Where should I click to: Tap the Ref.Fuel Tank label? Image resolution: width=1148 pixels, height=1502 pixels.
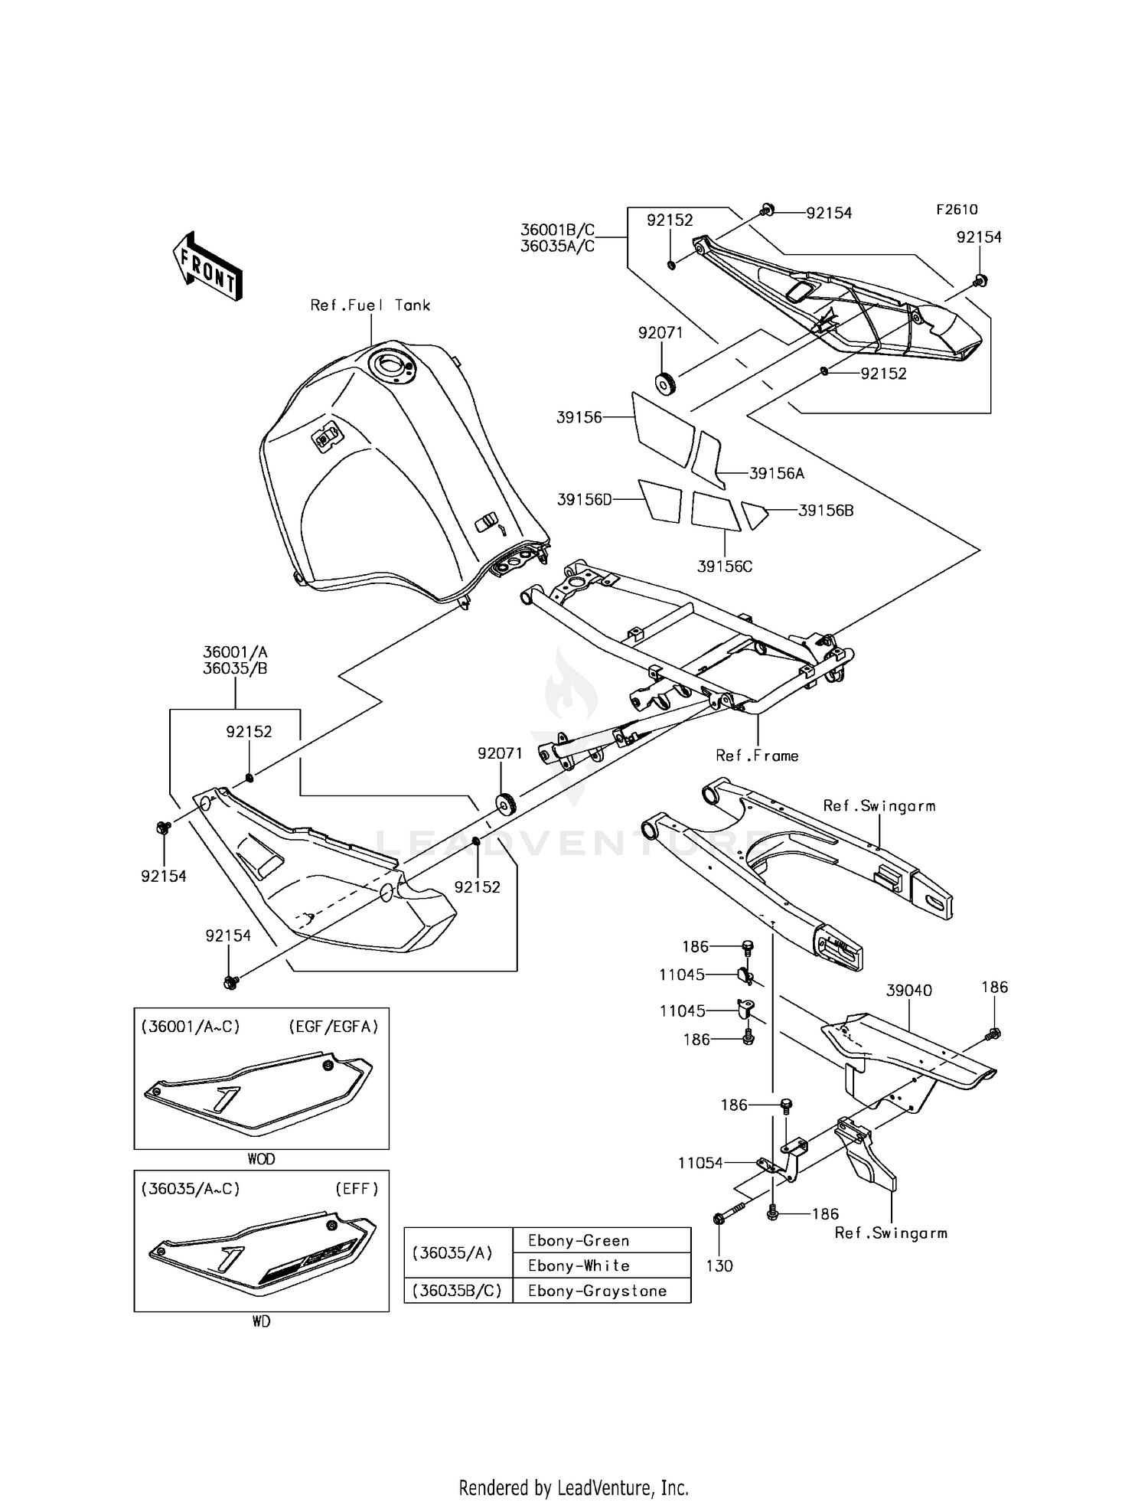[x=370, y=305]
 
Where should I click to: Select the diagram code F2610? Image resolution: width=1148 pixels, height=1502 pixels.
[x=957, y=209]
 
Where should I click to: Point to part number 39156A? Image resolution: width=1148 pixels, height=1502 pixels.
[x=776, y=474]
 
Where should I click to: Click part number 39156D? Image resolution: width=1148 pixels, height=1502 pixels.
[x=585, y=500]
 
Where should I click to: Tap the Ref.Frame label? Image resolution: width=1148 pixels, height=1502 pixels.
[x=757, y=756]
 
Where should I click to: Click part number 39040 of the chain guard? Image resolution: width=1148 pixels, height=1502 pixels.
[x=908, y=991]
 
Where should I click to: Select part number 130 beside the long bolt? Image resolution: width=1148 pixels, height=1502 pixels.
[x=719, y=1265]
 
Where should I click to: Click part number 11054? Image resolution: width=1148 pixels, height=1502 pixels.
[x=700, y=1163]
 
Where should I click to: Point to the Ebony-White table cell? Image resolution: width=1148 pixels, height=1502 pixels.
[x=579, y=1265]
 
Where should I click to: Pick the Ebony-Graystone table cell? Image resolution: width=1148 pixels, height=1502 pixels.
[x=597, y=1291]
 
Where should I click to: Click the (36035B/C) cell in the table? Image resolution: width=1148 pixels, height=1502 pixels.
[x=457, y=1291]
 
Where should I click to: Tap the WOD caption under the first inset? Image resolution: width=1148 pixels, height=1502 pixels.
[x=261, y=1159]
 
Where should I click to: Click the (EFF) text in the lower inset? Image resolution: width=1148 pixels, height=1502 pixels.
[x=357, y=1189]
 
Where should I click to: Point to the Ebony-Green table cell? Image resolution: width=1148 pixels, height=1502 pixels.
[x=579, y=1240]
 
